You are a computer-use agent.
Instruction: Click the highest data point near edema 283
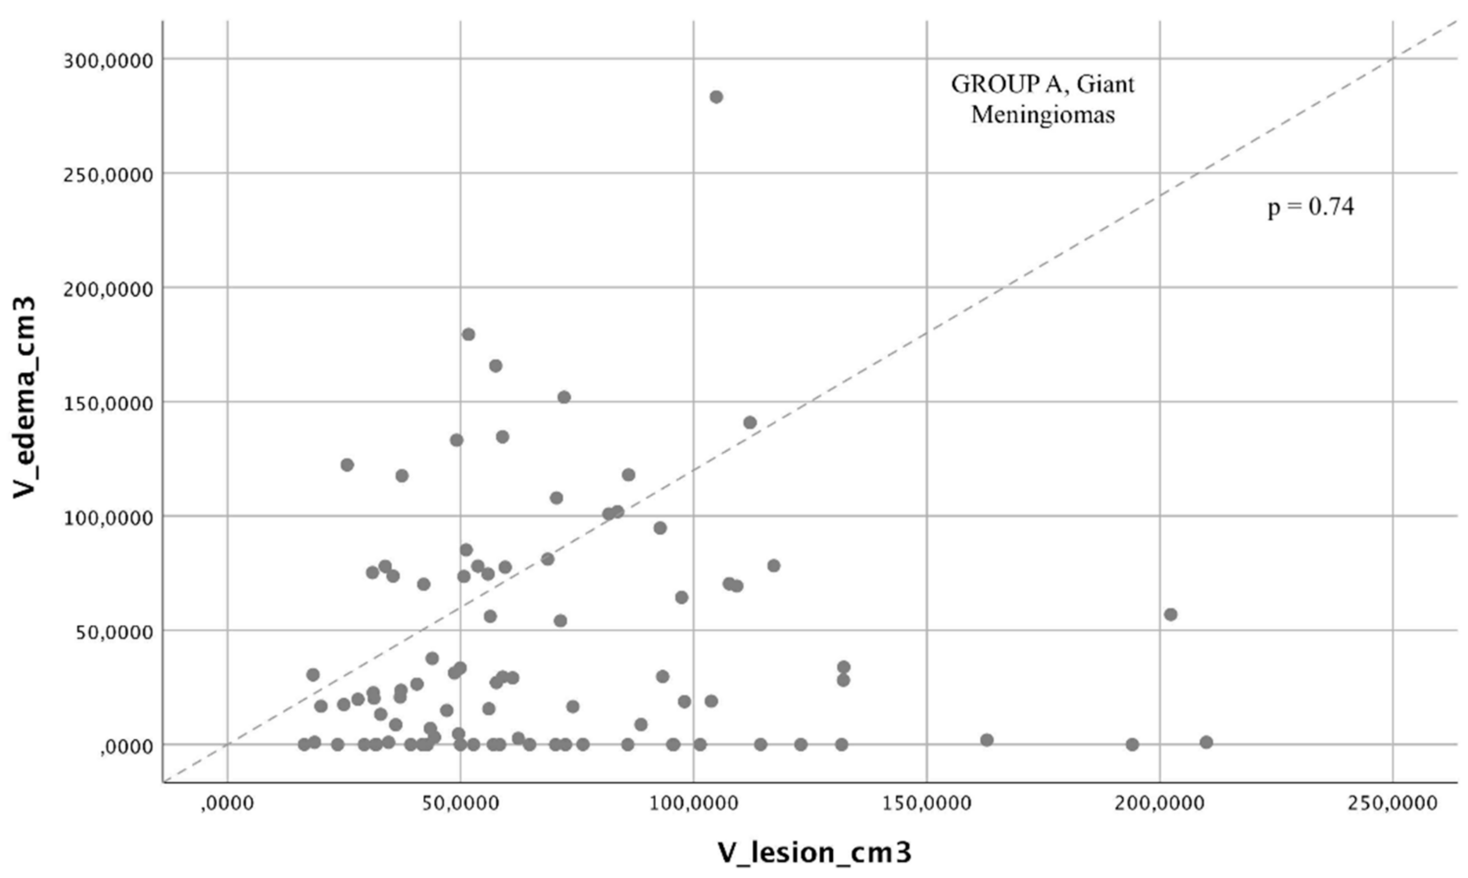[x=716, y=97]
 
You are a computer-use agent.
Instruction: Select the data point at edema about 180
[x=468, y=334]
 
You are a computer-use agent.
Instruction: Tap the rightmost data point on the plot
[x=1206, y=742]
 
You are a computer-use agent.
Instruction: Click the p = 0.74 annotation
[x=1311, y=207]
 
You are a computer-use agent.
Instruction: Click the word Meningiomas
[x=1043, y=114]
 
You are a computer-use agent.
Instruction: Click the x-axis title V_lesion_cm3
[x=814, y=852]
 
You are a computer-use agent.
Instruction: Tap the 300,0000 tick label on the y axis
[x=108, y=60]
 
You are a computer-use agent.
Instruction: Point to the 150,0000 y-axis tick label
[x=108, y=403]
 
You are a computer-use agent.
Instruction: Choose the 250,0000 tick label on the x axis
[x=1392, y=804]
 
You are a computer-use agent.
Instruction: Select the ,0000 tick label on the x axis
[x=227, y=804]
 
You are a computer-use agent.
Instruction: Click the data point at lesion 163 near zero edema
[x=986, y=739]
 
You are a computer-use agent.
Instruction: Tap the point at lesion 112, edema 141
[x=750, y=422]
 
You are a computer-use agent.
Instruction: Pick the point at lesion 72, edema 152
[x=564, y=397]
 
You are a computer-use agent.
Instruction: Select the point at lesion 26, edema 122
[x=347, y=465]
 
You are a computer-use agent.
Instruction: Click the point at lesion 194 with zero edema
[x=1132, y=744]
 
